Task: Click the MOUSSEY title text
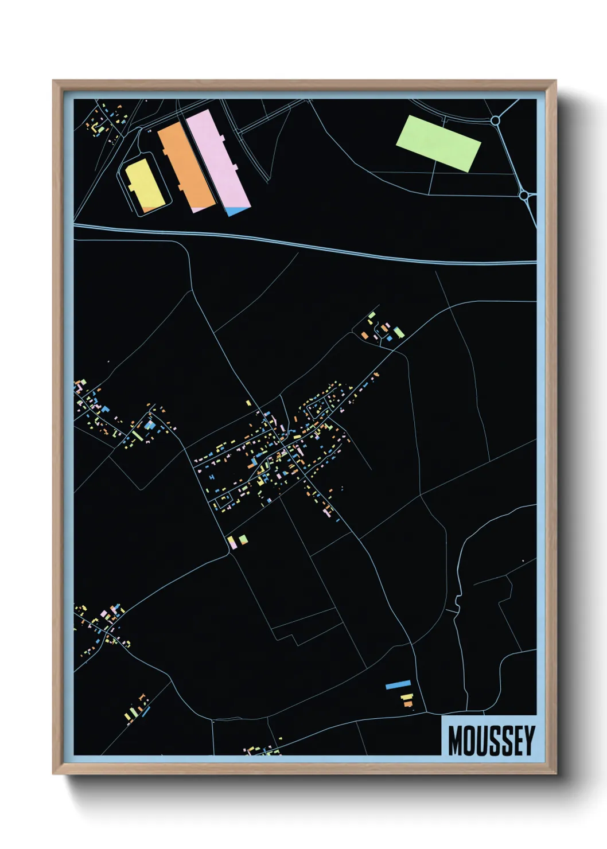[491, 741]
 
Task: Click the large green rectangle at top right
[438, 143]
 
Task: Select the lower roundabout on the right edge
[523, 196]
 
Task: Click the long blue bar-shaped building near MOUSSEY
[398, 684]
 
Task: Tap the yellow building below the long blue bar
[406, 697]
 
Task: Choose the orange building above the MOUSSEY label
[408, 704]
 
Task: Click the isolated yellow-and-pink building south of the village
[231, 541]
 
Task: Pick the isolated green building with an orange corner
[243, 539]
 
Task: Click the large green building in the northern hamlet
[398, 332]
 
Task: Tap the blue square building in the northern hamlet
[390, 338]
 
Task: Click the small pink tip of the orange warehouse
[200, 209]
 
